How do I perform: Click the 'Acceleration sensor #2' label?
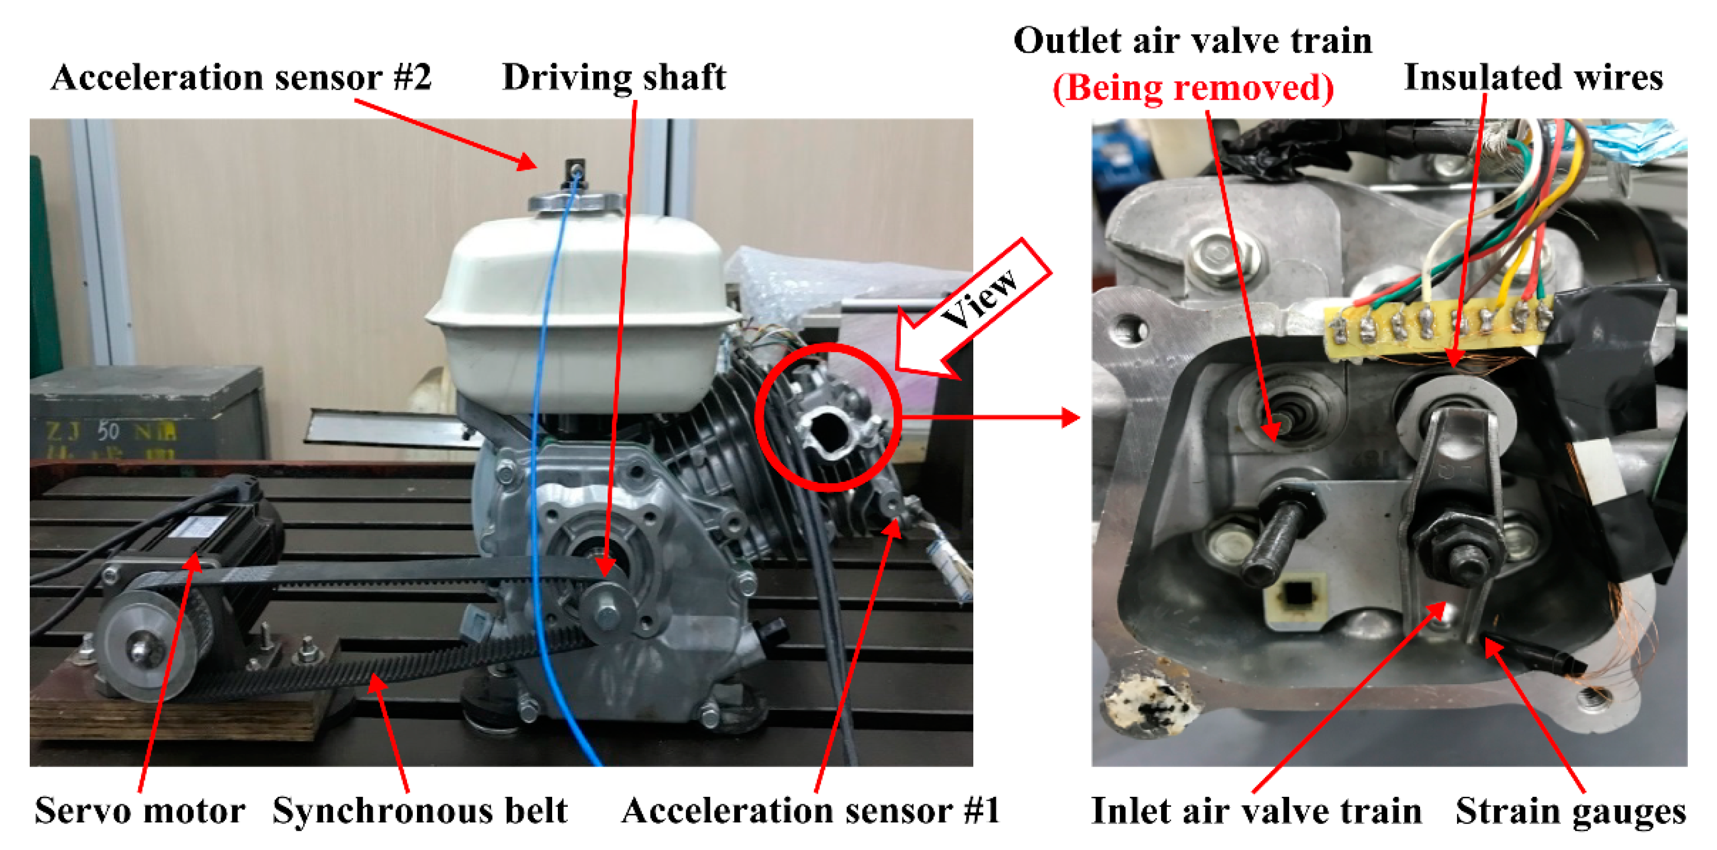click(x=241, y=77)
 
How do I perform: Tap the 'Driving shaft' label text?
click(x=614, y=77)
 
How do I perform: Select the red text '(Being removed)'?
click(x=1193, y=87)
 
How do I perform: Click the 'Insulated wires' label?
click(x=1534, y=77)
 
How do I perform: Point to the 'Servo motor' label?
click(x=140, y=811)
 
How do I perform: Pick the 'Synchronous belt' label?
click(x=420, y=811)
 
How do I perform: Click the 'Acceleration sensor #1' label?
click(x=810, y=811)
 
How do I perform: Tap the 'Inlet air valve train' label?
click(x=1256, y=811)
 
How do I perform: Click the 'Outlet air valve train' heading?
click(x=1193, y=41)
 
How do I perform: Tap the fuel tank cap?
click(x=577, y=202)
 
